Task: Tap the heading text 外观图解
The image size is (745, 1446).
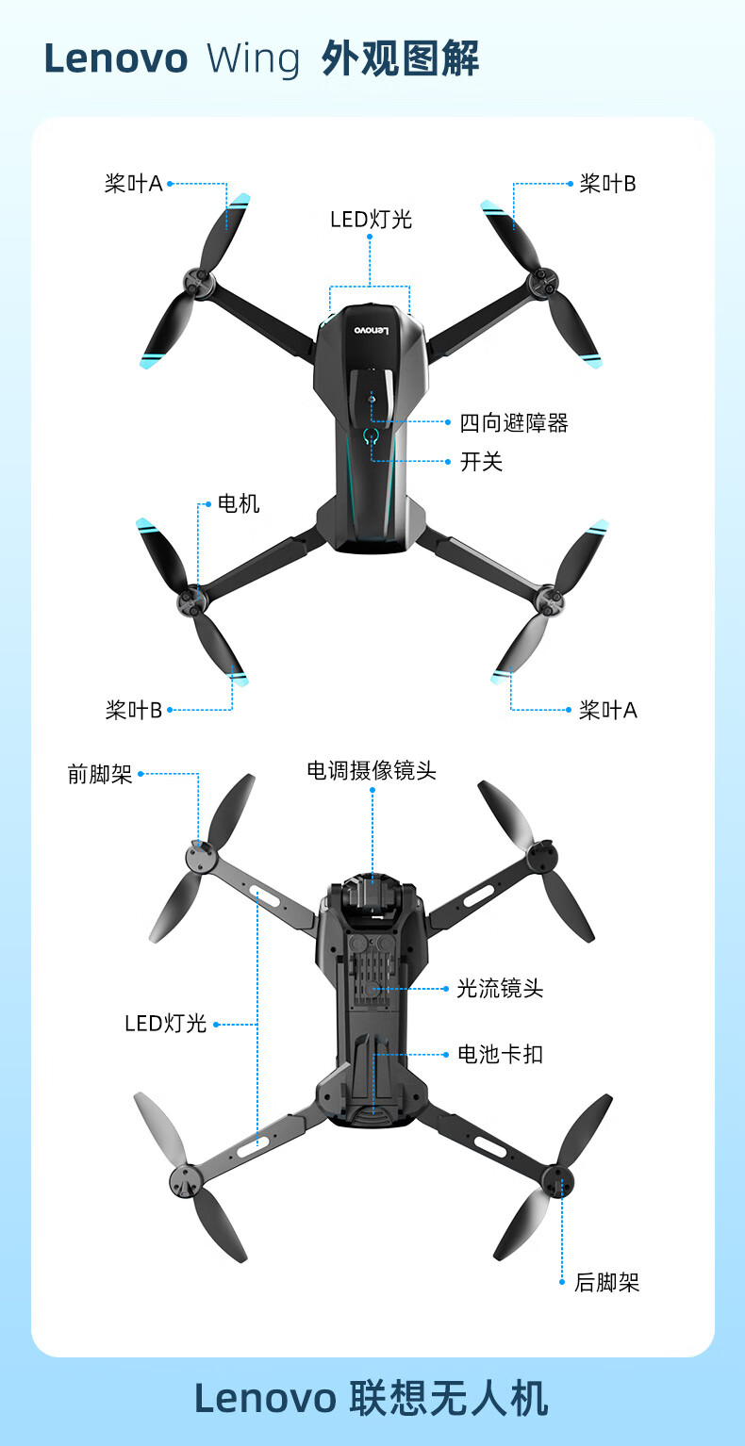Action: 400,59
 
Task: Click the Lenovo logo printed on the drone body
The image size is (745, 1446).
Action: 371,331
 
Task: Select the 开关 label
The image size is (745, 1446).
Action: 481,462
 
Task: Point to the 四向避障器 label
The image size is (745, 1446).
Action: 514,423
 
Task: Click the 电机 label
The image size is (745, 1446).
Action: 239,504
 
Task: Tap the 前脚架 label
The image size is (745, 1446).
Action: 100,775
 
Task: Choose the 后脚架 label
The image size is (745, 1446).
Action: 606,1282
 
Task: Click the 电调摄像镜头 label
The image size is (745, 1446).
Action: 372,770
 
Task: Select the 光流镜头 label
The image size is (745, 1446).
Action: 500,988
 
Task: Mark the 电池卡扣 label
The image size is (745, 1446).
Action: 500,1054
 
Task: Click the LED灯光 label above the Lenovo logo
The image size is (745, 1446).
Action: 371,220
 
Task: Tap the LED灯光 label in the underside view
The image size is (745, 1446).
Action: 166,1024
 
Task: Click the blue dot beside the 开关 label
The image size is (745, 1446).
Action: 447,462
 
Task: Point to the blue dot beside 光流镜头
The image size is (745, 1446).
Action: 446,988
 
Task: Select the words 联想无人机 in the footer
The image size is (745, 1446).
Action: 449,1398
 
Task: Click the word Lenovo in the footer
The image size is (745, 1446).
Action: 265,1399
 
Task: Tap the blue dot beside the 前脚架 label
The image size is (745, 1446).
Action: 141,775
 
